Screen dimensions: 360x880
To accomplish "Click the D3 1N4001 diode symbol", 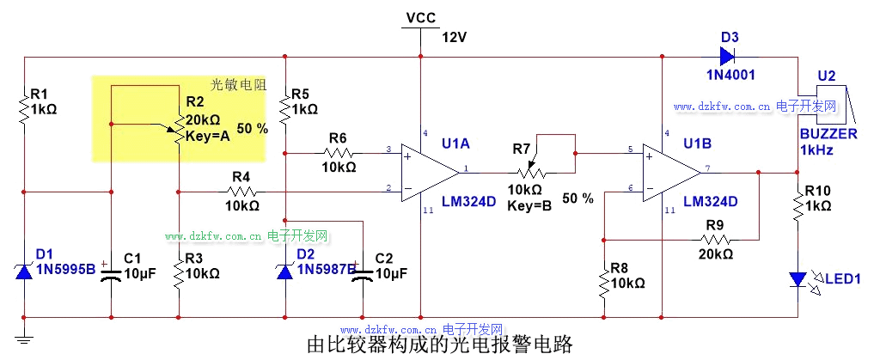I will (726, 58).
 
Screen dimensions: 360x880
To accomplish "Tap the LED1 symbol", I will (798, 278).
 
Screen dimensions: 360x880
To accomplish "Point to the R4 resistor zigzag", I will (241, 190).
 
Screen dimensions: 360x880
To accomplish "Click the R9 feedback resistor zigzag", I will (715, 237).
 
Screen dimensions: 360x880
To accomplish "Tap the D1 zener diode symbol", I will (24, 271).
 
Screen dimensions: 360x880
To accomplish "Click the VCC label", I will (420, 17).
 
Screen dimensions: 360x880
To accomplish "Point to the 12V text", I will (454, 37).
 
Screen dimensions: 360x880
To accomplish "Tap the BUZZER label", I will (828, 135).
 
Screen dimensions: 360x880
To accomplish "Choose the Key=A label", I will (208, 136).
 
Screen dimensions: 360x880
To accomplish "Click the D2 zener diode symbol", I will (284, 271).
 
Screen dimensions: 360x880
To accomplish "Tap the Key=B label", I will (529, 205).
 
